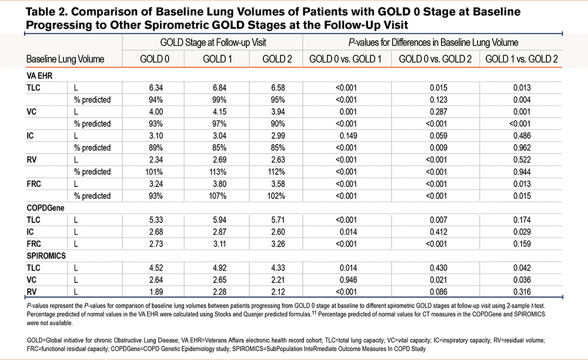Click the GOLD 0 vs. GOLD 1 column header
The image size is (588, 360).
point(345,59)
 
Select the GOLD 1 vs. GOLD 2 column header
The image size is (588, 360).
point(521,59)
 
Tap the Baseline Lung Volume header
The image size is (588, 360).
point(65,59)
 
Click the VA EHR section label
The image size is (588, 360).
point(39,76)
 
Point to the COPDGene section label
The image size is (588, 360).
point(45,208)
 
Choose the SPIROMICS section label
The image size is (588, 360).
point(46,256)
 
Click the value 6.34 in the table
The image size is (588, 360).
point(156,88)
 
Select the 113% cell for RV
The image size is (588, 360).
point(218,172)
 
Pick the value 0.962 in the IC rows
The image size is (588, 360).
point(522,148)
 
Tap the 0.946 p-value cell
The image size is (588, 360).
point(348,280)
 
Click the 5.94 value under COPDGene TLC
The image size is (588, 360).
point(219,220)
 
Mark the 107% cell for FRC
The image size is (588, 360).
point(218,196)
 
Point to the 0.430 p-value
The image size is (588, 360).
point(439,268)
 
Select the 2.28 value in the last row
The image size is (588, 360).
point(219,292)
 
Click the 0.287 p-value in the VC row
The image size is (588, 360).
point(439,112)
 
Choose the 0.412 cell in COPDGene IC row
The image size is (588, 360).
point(439,232)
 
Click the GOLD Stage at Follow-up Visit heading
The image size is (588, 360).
point(213,42)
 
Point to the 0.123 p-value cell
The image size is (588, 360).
point(439,100)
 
